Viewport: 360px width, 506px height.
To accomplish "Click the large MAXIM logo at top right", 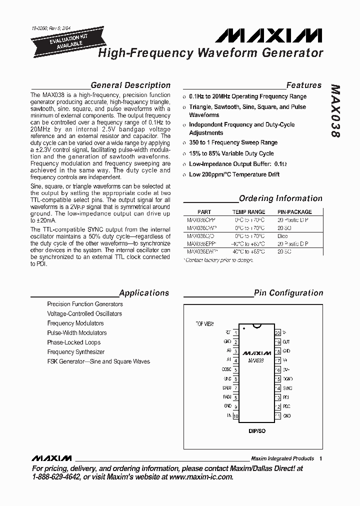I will click(269, 36).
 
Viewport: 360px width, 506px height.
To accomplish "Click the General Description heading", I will click(130, 85).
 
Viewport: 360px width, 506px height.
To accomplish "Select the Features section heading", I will click(303, 85).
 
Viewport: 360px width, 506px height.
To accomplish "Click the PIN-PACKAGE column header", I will click(294, 212).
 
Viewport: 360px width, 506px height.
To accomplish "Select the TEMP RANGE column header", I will click(249, 212).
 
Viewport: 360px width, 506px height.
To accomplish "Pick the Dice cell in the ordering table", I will click(283, 236).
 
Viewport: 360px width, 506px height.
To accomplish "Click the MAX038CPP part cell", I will click(200, 220).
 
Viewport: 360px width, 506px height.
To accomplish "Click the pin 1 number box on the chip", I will click(235, 332).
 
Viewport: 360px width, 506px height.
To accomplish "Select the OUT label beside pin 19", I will click(286, 342).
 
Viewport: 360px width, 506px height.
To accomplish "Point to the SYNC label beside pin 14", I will click(287, 388).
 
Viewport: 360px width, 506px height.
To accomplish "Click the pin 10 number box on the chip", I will click(235, 416).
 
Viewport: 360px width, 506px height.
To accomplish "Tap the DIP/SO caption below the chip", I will click(256, 430).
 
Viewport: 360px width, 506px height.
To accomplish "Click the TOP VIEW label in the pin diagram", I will click(204, 324).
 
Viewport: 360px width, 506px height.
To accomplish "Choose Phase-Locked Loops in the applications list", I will click(73, 342).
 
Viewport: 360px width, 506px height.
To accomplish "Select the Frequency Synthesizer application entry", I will click(75, 352).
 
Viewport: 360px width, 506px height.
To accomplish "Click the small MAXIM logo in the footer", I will click(51, 458).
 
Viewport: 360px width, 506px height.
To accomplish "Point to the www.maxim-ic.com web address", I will click(201, 477).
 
